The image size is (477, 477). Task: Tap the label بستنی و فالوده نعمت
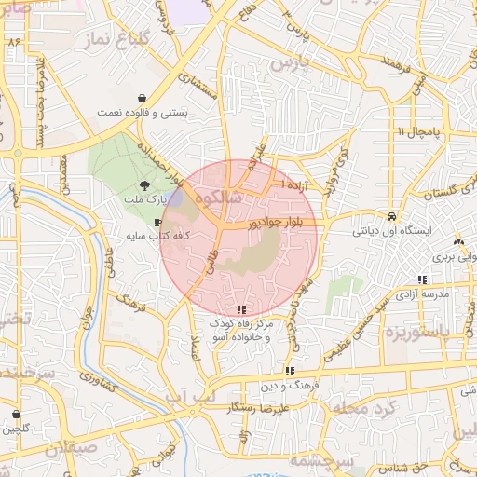[143, 113]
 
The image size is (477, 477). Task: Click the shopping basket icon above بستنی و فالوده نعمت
[141, 98]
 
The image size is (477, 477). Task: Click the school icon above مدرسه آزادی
[423, 279]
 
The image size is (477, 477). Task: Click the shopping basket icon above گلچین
[16, 414]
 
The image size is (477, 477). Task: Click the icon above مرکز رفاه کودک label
[241, 309]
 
